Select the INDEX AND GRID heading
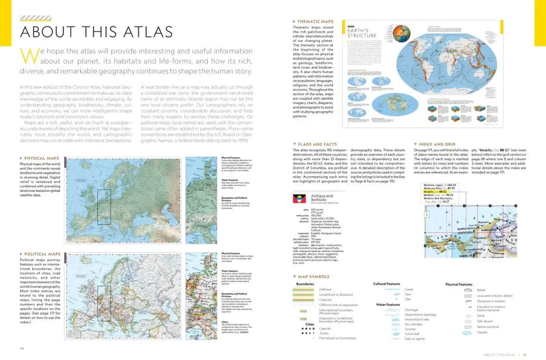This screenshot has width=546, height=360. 445,145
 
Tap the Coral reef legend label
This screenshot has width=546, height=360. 412,334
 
